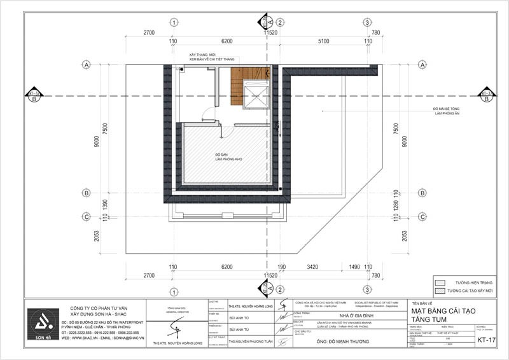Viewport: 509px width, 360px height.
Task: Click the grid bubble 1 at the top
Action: click(173, 22)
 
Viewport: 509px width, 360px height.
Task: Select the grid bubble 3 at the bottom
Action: click(368, 292)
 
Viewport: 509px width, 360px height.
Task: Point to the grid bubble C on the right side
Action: click(421, 217)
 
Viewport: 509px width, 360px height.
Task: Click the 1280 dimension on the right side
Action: click(395, 204)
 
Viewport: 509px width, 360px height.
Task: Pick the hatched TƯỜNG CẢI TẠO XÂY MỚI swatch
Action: click(439, 290)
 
